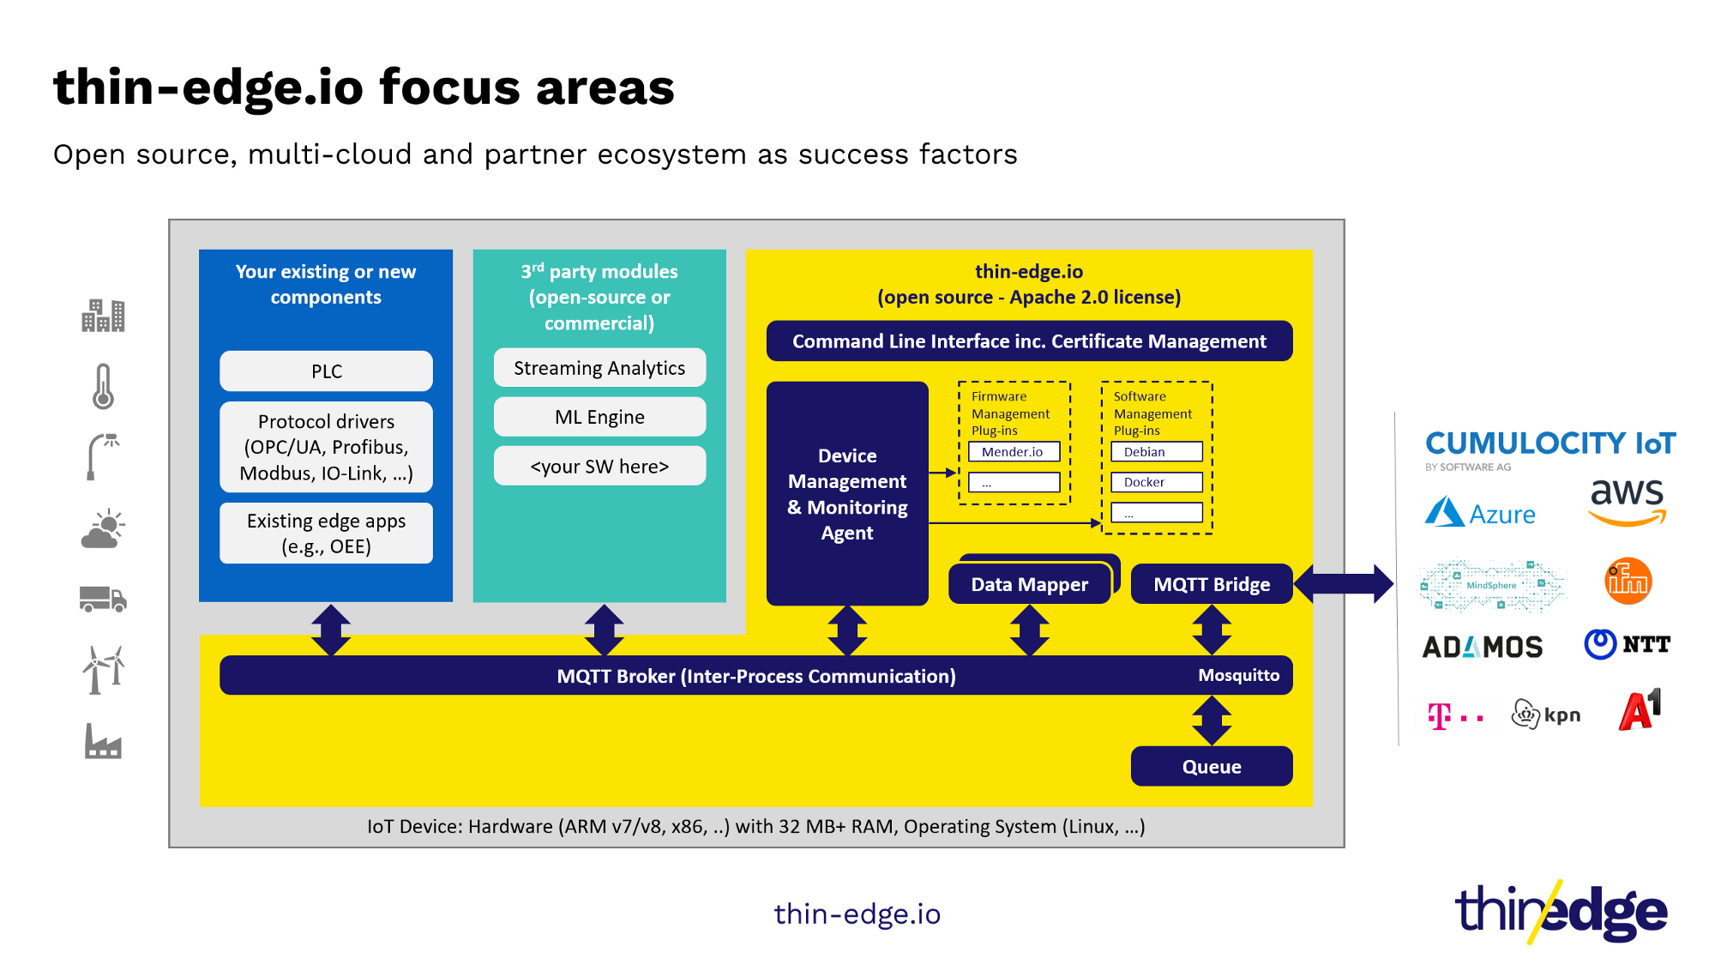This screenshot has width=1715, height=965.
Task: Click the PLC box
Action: tap(326, 371)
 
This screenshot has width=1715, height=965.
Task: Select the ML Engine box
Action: tap(599, 417)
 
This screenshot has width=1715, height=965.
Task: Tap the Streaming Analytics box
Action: tap(599, 368)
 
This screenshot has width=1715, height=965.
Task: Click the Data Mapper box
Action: tap(1029, 584)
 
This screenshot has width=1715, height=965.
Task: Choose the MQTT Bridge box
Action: tap(1211, 584)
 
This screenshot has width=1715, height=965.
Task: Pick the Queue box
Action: tap(1211, 766)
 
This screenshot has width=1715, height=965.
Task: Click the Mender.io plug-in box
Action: tap(1014, 452)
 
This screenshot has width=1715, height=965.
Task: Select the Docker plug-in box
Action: tap(1156, 482)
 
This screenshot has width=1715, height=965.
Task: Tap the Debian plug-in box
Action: tap(1156, 452)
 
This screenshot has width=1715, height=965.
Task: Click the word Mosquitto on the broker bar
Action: tap(1238, 675)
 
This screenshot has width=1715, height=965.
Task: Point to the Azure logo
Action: tap(1480, 513)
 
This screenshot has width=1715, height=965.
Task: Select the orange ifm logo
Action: tap(1628, 582)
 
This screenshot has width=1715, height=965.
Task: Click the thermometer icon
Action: tap(103, 386)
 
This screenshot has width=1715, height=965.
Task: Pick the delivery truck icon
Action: tap(103, 599)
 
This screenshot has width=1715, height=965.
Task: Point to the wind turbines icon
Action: tap(103, 669)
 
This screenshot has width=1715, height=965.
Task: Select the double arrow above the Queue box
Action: tap(1211, 721)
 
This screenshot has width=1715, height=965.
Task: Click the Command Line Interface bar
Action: tap(1029, 341)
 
